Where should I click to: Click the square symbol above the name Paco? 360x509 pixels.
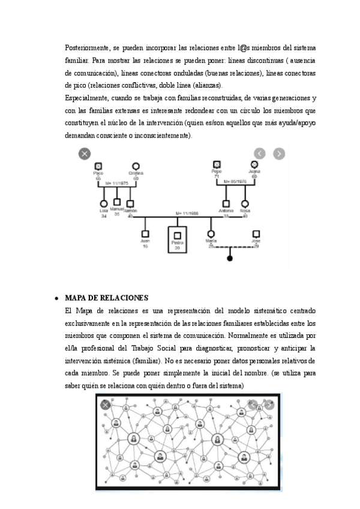[99, 166]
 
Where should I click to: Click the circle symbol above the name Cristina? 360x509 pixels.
[136, 166]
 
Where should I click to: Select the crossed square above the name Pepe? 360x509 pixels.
[217, 164]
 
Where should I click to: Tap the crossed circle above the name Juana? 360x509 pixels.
[254, 164]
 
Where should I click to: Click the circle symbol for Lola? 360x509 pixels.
[104, 203]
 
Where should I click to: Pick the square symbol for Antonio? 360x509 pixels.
[226, 203]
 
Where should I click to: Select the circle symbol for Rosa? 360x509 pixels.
[245, 203]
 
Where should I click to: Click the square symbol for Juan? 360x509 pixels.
[145, 233]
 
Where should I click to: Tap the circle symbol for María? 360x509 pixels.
[211, 233]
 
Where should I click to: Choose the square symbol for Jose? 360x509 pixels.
[256, 233]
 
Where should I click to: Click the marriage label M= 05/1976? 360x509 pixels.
[236, 181]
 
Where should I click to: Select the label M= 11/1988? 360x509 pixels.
[187, 213]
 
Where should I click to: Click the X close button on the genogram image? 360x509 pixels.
[85, 154]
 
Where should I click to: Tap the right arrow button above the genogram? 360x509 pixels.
[279, 153]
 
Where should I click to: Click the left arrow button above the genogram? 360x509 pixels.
[260, 153]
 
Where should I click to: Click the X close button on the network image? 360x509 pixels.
[106, 405]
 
